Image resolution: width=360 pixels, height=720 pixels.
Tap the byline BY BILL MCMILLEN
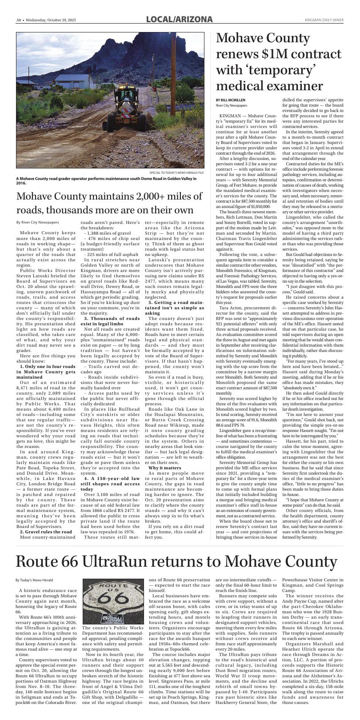pyautogui.click(x=230, y=100)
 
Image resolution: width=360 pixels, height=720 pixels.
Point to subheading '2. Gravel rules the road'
pyautogui.click(x=45, y=544)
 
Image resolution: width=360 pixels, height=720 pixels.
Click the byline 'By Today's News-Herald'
pyautogui.click(x=34, y=580)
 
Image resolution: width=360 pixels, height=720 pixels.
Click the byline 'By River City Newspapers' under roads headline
pyautogui.click(x=37, y=222)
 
